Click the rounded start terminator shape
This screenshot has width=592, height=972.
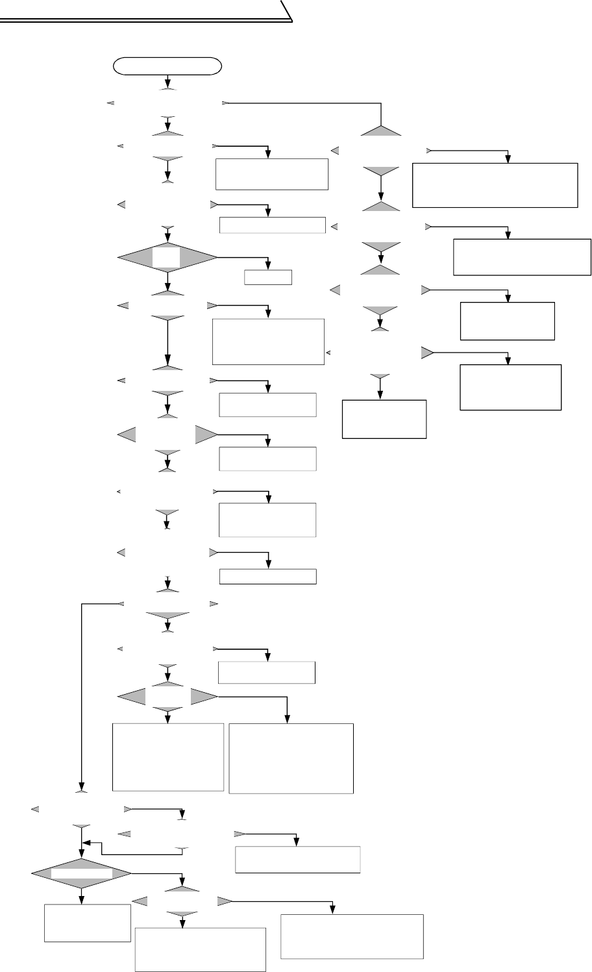[x=167, y=66]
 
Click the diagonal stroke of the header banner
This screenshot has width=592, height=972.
[x=287, y=11]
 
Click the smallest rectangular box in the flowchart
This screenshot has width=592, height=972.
[x=268, y=277]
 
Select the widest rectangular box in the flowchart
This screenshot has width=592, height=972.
[x=495, y=185]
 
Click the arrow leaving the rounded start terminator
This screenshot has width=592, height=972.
[x=168, y=81]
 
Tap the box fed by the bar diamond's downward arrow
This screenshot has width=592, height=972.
[x=87, y=922]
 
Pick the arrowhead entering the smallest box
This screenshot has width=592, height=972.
[x=268, y=266]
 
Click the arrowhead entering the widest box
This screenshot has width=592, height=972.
[x=509, y=159]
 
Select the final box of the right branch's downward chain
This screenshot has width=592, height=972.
[x=384, y=419]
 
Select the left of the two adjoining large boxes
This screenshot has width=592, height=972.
[x=168, y=757]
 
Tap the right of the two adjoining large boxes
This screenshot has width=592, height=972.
[x=291, y=758]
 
